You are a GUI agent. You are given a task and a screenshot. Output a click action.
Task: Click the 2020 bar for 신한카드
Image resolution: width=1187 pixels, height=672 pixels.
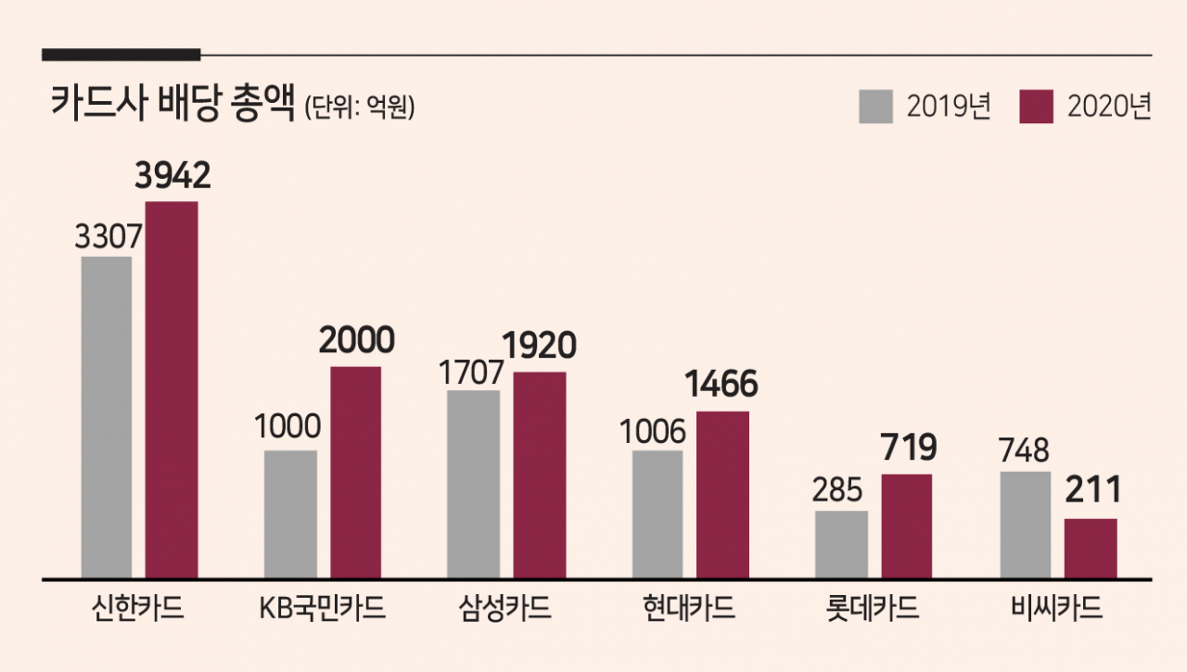pos(172,389)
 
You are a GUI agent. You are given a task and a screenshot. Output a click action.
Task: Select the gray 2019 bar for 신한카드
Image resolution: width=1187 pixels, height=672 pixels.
pos(107,418)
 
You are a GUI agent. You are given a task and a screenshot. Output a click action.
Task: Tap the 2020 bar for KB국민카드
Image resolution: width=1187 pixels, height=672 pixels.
pos(355,473)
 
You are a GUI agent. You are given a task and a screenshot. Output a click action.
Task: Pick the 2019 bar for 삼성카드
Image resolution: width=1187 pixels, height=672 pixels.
pos(473,485)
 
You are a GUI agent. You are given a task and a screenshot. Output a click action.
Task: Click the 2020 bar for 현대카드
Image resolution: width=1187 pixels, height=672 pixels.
pos(722,495)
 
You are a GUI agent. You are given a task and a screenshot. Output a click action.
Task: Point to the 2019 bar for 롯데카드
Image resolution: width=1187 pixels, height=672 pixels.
pos(841,545)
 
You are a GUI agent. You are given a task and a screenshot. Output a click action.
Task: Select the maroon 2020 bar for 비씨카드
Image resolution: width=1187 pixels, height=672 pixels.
pos(1091,549)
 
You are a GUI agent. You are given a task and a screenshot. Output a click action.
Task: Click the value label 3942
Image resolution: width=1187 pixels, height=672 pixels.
pos(172,175)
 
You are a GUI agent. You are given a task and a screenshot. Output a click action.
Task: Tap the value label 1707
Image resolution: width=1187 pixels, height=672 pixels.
pos(471,373)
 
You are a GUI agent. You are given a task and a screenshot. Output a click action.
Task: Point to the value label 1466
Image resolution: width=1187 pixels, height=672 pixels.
pos(721,384)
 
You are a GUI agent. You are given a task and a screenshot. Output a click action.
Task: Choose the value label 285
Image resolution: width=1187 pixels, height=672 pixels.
pos(837,489)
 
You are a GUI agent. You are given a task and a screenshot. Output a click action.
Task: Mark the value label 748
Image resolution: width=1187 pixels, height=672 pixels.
pos(1024,450)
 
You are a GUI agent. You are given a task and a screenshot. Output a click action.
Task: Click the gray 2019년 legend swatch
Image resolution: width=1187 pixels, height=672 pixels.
pos(876,107)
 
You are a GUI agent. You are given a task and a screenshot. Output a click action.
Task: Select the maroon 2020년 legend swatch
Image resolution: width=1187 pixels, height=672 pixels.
pos(1037,107)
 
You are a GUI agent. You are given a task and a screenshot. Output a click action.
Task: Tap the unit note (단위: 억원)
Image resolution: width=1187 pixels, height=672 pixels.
pos(360,107)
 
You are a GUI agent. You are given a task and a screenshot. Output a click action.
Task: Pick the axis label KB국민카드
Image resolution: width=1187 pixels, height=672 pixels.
pos(322,608)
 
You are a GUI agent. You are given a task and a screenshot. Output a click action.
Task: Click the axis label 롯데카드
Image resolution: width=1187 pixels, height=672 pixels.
pos(873,608)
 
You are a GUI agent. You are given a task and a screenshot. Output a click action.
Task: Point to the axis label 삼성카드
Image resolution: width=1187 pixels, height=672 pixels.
pos(504,608)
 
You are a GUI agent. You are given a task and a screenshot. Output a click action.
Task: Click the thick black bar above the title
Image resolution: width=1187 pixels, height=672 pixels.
pos(121,55)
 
